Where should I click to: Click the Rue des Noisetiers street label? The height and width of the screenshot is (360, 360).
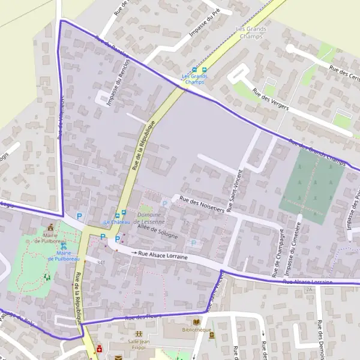202,205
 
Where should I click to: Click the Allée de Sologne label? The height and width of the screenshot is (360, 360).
158,230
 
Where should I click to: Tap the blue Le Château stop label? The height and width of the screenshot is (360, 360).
116,223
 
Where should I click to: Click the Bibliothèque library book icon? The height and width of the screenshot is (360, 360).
197,322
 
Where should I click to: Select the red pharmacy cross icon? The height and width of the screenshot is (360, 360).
99,348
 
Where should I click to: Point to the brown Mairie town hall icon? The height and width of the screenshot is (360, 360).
50,227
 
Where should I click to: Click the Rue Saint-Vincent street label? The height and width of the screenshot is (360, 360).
235,180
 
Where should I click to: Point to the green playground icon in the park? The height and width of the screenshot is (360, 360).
46,277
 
